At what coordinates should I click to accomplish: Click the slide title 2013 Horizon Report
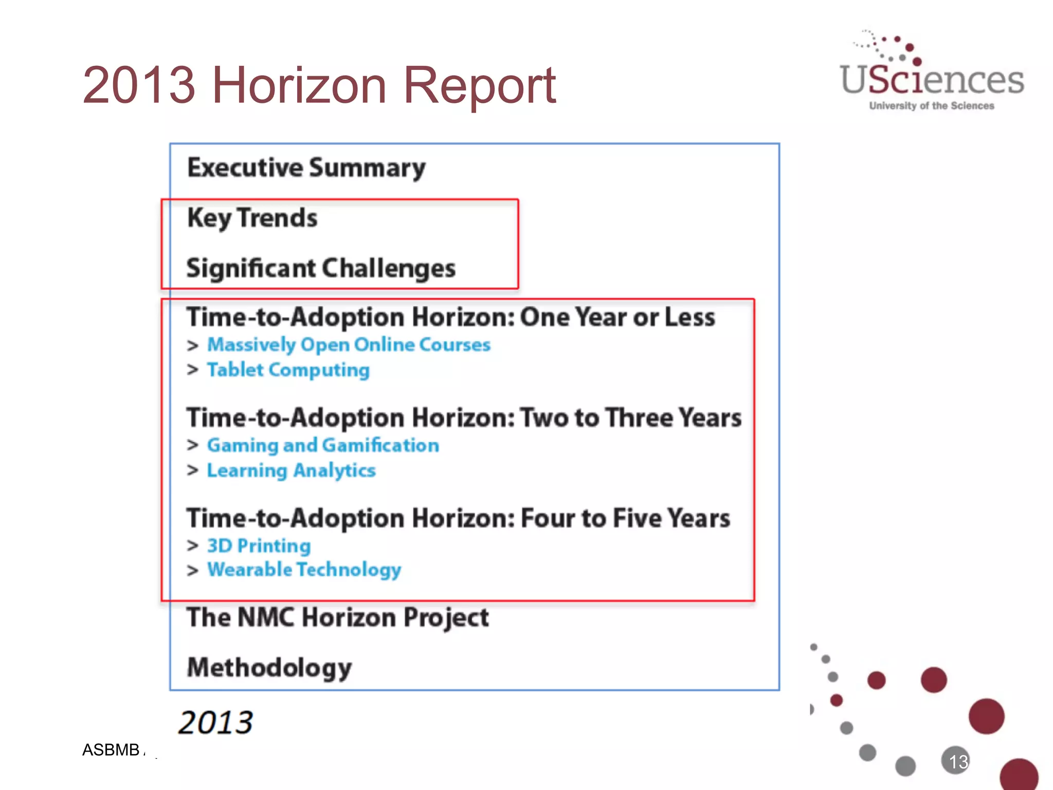[319, 85]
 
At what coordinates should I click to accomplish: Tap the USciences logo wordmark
[932, 80]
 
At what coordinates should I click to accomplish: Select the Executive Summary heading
[306, 168]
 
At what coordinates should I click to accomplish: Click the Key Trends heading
[252, 218]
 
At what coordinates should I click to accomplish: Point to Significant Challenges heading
[321, 268]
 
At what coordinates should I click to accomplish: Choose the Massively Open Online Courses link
[349, 345]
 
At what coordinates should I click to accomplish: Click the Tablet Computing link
[288, 370]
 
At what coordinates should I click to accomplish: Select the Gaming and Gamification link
[323, 445]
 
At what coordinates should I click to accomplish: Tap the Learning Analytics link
[291, 470]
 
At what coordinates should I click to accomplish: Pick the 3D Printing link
[259, 545]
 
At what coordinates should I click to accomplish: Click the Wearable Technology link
[304, 570]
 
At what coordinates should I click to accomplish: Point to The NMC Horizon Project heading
[338, 617]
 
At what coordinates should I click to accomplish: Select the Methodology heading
[269, 668]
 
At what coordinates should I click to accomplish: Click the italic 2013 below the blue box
[215, 722]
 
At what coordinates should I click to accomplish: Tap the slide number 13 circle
[956, 761]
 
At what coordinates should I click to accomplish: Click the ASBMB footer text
[111, 750]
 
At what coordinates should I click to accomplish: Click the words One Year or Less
[617, 317]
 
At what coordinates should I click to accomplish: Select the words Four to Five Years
[625, 518]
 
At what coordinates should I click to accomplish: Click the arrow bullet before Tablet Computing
[193, 370]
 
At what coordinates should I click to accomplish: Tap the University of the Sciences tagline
[932, 106]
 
